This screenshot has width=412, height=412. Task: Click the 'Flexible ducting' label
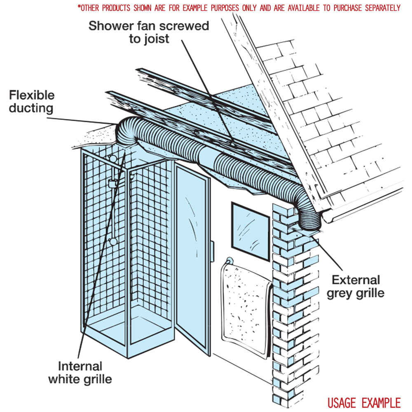pyautogui.click(x=32, y=102)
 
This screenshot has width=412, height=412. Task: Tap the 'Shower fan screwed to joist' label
pyautogui.click(x=149, y=33)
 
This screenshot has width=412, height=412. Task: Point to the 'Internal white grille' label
pyautogui.click(x=80, y=372)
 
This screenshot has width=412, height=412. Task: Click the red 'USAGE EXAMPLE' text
pyautogui.click(x=364, y=402)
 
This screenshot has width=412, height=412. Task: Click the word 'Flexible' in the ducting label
pyautogui.click(x=32, y=95)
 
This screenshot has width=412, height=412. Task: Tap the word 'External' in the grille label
pyautogui.click(x=356, y=280)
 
